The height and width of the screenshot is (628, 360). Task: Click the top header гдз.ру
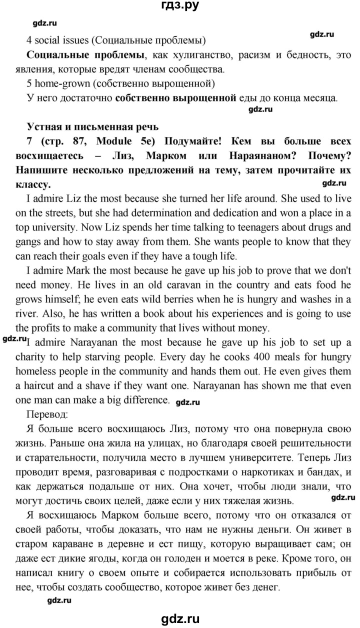pyautogui.click(x=179, y=6)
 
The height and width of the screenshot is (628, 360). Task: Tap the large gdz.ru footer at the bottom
pyautogui.click(x=180, y=616)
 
